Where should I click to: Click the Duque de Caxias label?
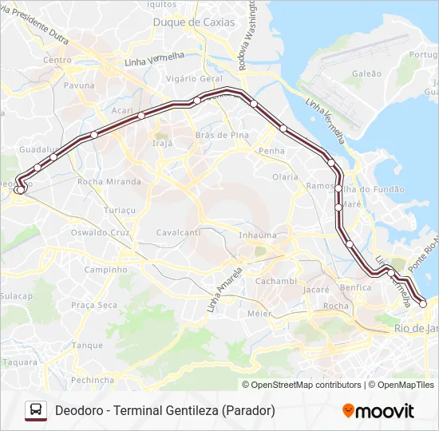[194, 22]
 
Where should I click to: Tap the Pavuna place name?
[79, 85]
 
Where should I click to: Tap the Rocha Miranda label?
[109, 182]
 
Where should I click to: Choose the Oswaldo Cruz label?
[100, 232]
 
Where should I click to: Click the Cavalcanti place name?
[178, 232]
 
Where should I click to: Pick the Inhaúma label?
[258, 235]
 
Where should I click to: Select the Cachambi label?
[275, 281]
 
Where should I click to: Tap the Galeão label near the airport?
[366, 73]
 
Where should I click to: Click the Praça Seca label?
[93, 305]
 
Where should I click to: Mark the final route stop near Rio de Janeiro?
[423, 303]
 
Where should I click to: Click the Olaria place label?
[285, 177]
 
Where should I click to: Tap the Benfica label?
[355, 287]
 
